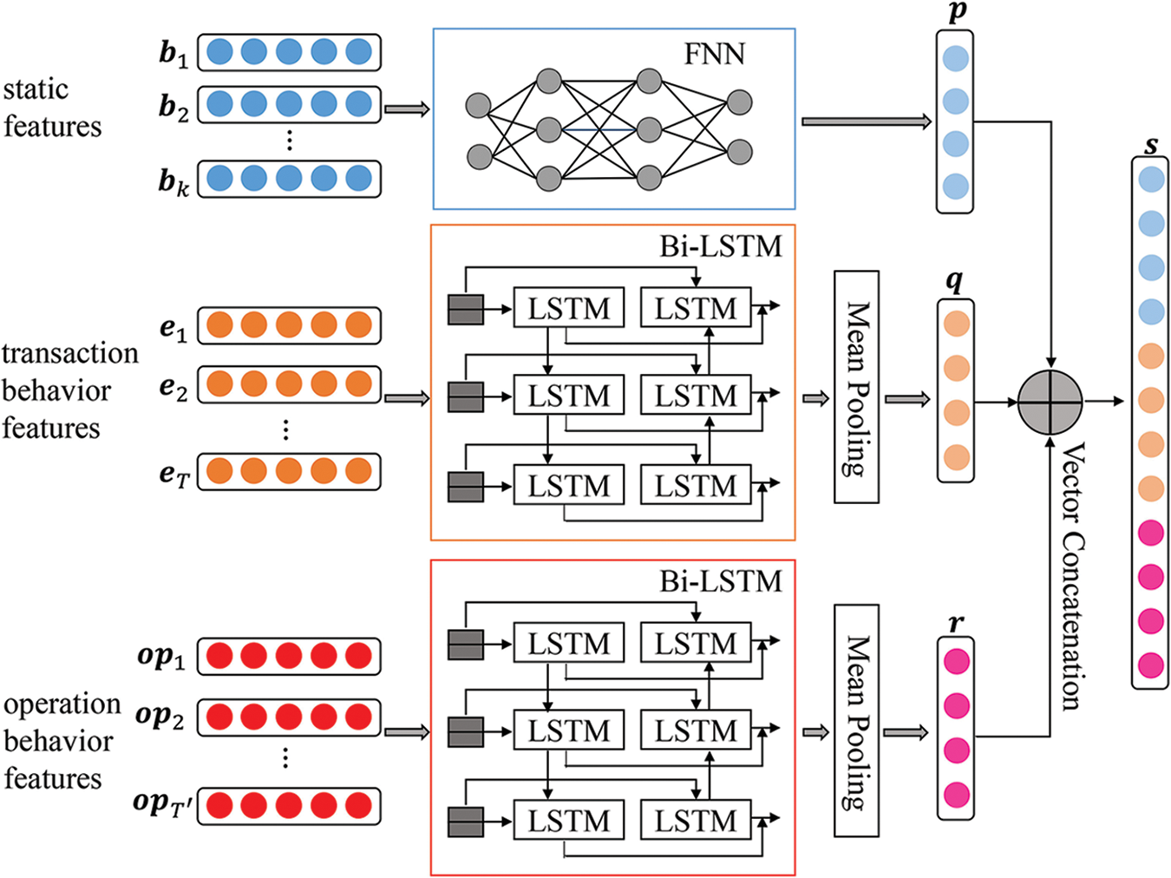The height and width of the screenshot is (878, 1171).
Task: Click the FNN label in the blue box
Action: point(714,55)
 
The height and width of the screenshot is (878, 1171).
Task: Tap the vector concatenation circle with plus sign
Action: point(1050,402)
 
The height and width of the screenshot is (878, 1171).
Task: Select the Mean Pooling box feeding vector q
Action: point(856,387)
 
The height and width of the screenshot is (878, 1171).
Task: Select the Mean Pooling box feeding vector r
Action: point(856,720)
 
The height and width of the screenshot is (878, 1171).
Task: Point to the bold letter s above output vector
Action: point(1151,144)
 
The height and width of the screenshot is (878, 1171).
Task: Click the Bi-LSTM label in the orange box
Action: point(720,246)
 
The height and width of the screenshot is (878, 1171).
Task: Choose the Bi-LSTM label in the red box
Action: point(720,580)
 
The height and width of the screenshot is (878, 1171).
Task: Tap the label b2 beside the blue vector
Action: point(173,107)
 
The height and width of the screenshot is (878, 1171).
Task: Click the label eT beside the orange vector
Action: point(173,474)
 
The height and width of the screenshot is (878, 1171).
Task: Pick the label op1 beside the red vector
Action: point(161,656)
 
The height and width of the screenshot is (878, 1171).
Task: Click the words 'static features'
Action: point(51,108)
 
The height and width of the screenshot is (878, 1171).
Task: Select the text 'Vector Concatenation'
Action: point(1073,576)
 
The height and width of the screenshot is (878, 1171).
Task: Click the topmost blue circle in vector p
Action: point(955,59)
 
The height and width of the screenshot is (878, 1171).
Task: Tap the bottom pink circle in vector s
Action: point(1151,665)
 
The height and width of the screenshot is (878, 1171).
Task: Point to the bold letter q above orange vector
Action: point(954,280)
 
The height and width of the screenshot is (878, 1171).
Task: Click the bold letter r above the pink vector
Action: point(956,622)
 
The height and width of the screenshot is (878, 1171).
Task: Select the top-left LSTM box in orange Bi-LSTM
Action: point(568,308)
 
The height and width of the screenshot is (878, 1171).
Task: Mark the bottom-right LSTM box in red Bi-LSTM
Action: point(695,821)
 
